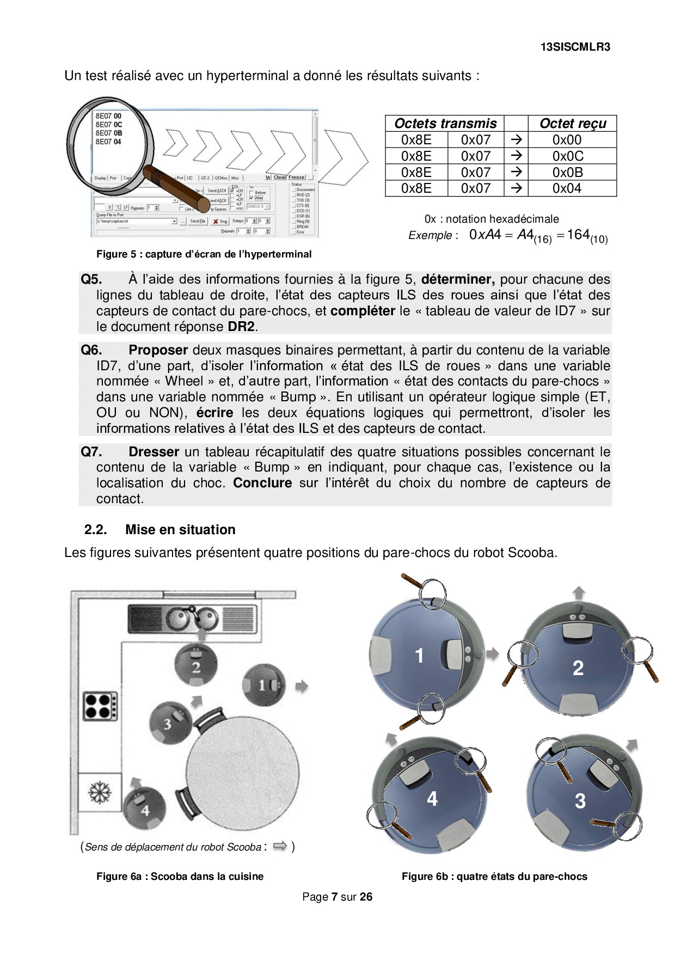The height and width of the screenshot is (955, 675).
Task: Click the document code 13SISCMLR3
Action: pyautogui.click(x=575, y=47)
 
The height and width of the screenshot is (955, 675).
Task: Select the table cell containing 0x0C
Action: pyautogui.click(x=567, y=156)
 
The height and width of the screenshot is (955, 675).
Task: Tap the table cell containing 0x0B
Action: pyautogui.click(x=567, y=173)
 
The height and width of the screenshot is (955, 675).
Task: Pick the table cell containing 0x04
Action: pyautogui.click(x=567, y=188)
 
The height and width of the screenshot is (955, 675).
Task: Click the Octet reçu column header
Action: pyautogui.click(x=572, y=124)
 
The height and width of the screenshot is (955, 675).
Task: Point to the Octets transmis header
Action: pyautogui.click(x=445, y=124)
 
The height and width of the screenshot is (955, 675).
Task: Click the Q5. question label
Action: pyautogui.click(x=91, y=279)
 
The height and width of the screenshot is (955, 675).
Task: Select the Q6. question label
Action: pyautogui.click(x=91, y=350)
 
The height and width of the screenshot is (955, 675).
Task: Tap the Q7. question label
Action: pyautogui.click(x=91, y=452)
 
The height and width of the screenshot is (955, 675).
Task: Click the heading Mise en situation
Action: pyautogui.click(x=180, y=530)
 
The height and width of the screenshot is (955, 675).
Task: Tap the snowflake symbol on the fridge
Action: pyautogui.click(x=99, y=791)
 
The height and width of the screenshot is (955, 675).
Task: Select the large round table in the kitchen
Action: pyautogui.click(x=243, y=772)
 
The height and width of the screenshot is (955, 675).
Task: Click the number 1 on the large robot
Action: pyautogui.click(x=419, y=656)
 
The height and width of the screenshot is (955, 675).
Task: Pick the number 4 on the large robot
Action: pyautogui.click(x=432, y=799)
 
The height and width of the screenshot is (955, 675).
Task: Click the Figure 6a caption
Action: pyautogui.click(x=180, y=877)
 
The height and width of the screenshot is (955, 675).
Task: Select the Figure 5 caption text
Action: pyautogui.click(x=204, y=254)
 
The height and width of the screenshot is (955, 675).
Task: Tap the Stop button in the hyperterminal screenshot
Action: pyautogui.click(x=220, y=222)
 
